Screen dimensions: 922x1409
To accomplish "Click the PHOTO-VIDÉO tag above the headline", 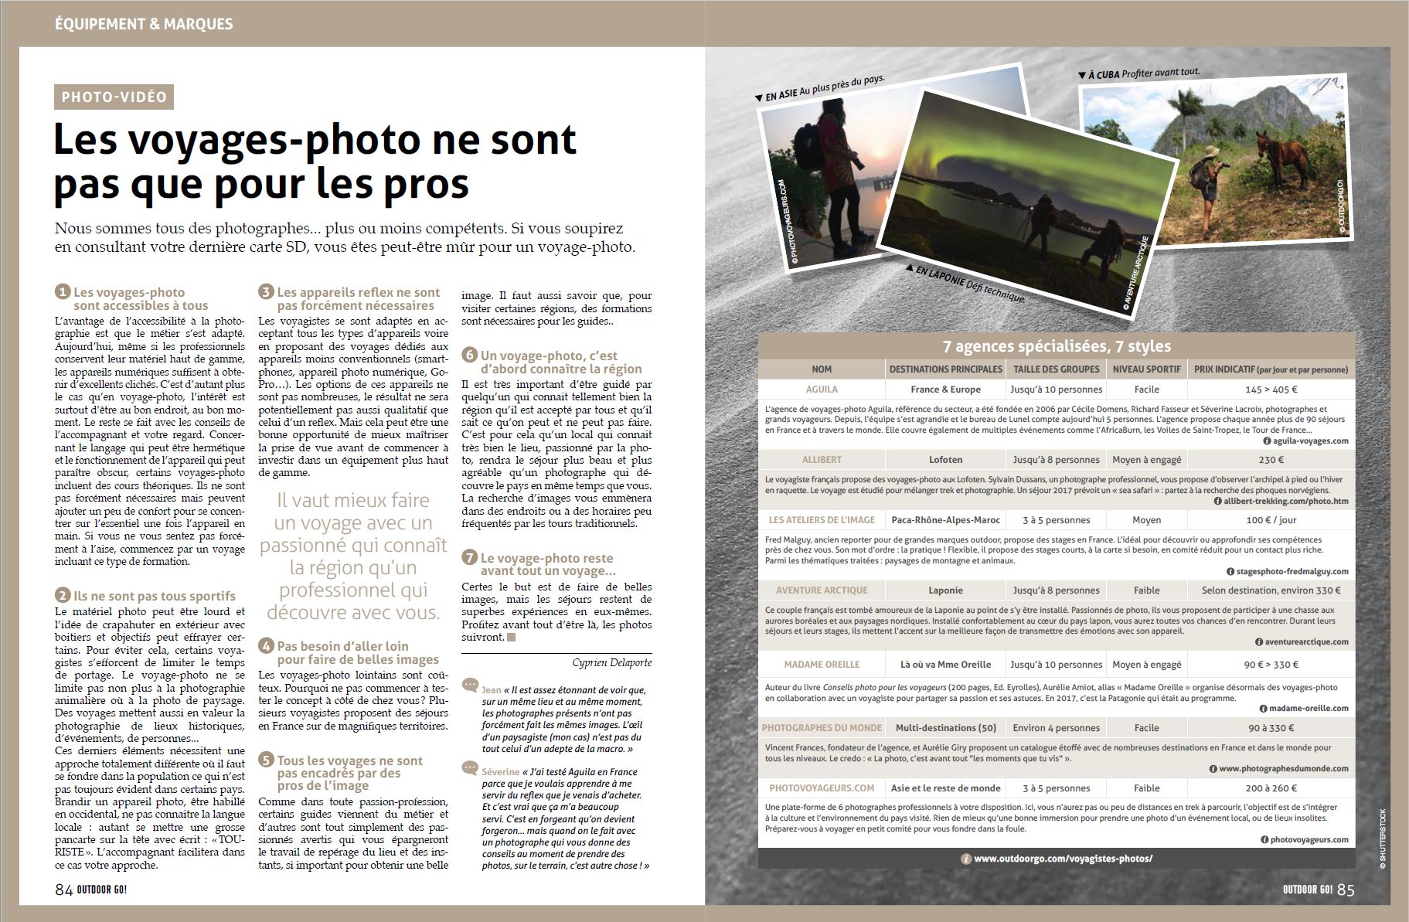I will (x=114, y=97).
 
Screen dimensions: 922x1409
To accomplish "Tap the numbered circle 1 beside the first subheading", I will (x=63, y=292).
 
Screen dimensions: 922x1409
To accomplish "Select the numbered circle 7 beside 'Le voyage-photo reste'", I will (x=469, y=558).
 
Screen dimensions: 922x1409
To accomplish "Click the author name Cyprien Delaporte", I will (x=612, y=662).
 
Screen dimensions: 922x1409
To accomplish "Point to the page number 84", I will (x=63, y=890).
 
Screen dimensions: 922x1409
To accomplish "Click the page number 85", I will (x=1346, y=890).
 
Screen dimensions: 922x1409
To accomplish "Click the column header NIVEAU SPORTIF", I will (x=1146, y=369).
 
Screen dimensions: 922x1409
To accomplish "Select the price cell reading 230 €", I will (x=1271, y=460).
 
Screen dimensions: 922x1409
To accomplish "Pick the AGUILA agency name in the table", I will (x=822, y=390).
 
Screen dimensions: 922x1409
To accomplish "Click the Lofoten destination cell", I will (x=945, y=460).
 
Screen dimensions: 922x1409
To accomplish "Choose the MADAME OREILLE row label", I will (x=822, y=665).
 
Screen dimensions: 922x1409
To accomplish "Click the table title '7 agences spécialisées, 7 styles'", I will (x=1057, y=346).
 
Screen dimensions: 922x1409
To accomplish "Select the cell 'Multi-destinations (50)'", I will (x=945, y=727).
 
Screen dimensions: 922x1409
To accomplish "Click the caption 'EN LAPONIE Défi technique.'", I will (x=970, y=284).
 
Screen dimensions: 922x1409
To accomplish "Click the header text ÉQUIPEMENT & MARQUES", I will (x=144, y=23).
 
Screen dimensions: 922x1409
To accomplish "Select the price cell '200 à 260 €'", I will (x=1271, y=788).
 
